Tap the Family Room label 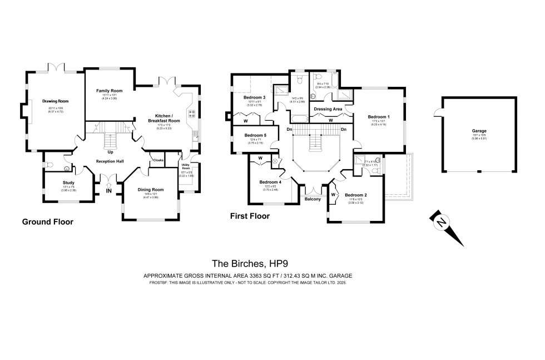click(x=109, y=90)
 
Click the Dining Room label click(x=151, y=190)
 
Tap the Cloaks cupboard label click(x=157, y=161)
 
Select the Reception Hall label click(x=110, y=161)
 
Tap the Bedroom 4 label click(x=271, y=182)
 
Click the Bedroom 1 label click(x=379, y=116)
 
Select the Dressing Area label click(x=328, y=109)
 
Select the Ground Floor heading click(x=47, y=221)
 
